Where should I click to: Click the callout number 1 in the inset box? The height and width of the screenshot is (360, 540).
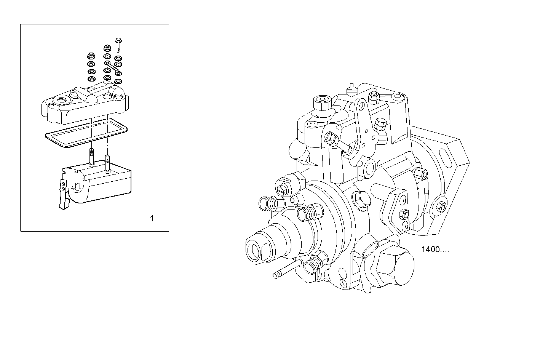click(152, 219)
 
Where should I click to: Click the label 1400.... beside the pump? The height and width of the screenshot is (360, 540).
click(435, 250)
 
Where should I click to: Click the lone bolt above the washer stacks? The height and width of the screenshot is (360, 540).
click(118, 44)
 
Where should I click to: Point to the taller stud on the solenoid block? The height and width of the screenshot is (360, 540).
click(91, 156)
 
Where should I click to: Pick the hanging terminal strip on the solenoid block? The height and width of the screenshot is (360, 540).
click(64, 194)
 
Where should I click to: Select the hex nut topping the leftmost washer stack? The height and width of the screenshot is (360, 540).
click(91, 55)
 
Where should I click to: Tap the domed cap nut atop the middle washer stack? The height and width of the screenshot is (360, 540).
click(107, 48)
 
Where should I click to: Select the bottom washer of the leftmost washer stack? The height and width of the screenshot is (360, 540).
click(91, 79)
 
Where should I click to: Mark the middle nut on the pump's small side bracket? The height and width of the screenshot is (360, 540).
click(405, 214)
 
